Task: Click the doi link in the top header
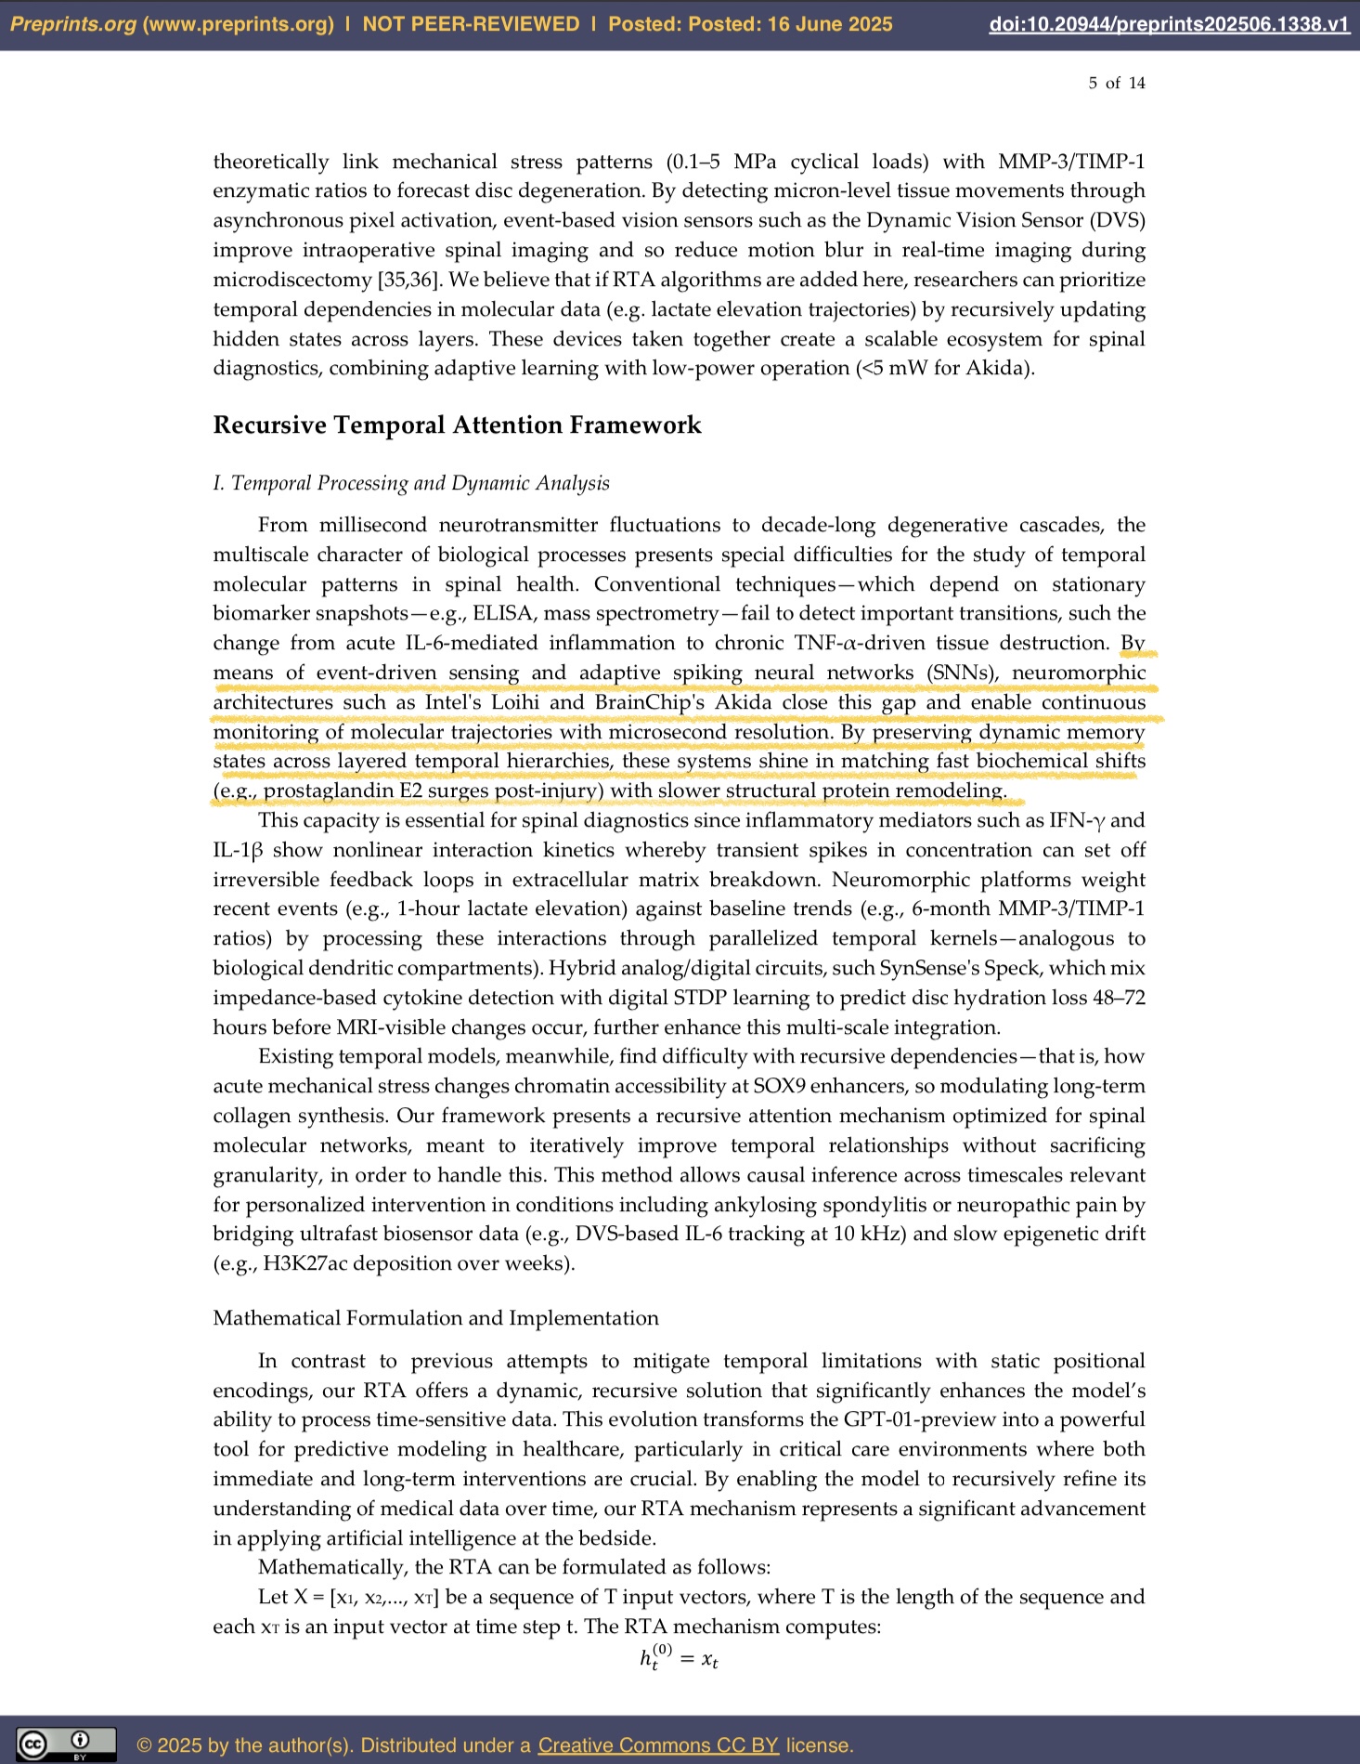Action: point(1169,24)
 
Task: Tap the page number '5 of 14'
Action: point(1117,84)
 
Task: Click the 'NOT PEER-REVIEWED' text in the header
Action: point(471,24)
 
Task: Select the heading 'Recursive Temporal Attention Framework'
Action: point(457,425)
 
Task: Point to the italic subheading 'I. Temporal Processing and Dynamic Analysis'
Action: point(411,483)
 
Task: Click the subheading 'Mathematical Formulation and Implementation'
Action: point(435,1318)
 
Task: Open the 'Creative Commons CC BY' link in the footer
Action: point(658,1744)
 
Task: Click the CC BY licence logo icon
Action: point(66,1744)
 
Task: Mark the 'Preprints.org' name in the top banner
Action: point(73,24)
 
